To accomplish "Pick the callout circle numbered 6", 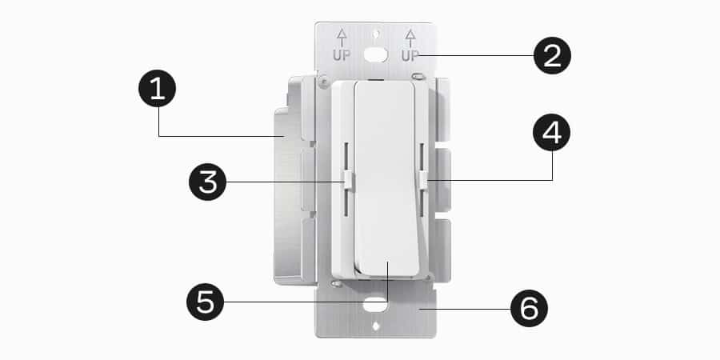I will pyautogui.click(x=526, y=307).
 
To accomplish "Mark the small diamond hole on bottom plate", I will pyautogui.click(x=376, y=326).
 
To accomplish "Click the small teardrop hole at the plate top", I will pyautogui.click(x=377, y=34).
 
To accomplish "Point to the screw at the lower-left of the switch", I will pyautogui.click(x=337, y=282).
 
